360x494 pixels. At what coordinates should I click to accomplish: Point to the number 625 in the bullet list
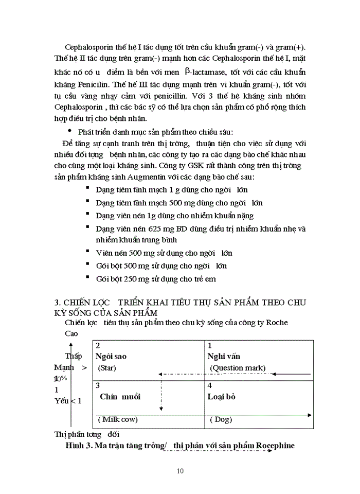[x=144, y=228]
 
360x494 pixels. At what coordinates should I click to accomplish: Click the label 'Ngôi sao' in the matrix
[x=111, y=356]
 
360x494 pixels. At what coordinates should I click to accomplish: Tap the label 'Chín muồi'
[x=120, y=397]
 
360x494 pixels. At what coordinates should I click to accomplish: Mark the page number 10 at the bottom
[x=179, y=470]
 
